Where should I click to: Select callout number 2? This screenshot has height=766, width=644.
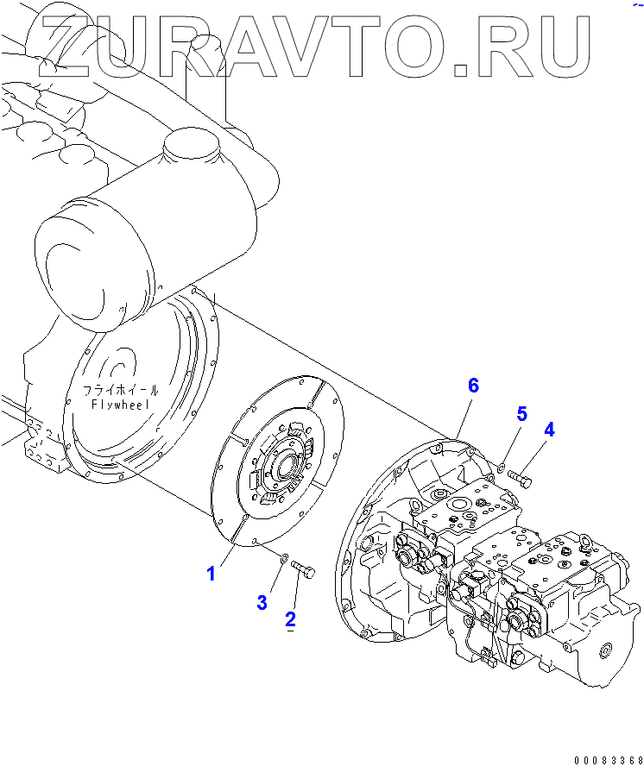pos(291,618)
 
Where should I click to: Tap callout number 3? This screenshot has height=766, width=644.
pos(262,603)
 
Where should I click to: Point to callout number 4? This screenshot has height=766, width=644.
pos(549,429)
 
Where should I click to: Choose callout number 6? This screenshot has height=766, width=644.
pos(473,386)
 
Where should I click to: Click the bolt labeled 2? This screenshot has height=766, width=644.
pos(304,568)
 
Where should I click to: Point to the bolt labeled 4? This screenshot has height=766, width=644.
pos(521,474)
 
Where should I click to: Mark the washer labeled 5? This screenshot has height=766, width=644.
pos(500,469)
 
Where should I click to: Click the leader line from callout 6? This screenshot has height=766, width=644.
pos(464,413)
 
